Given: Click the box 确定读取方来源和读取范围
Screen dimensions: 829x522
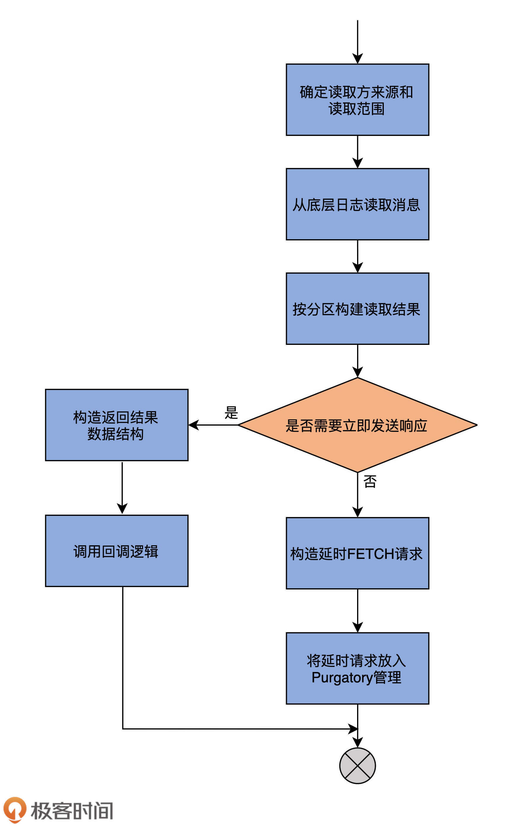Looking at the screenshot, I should tap(357, 99).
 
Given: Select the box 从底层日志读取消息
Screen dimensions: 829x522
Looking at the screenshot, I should tap(357, 204).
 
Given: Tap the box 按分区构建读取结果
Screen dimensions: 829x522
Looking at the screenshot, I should tap(357, 308).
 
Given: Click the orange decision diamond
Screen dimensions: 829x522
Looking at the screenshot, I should tap(357, 425).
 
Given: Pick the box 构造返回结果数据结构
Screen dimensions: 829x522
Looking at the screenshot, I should tap(117, 425).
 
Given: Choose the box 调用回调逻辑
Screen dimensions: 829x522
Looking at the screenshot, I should tap(117, 551).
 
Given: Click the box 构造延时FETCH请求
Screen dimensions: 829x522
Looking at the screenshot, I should tap(357, 553).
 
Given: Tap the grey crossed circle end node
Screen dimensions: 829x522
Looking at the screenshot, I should tap(357, 766).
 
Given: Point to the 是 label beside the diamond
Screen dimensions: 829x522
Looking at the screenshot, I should tap(231, 413).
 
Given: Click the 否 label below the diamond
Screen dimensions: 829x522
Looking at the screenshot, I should tap(370, 481).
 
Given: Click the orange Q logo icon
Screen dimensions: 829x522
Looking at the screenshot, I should tap(15, 809).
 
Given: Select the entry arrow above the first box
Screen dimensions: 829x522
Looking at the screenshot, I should tap(357, 41).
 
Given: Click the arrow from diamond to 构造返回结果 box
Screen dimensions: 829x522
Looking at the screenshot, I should tap(213, 425).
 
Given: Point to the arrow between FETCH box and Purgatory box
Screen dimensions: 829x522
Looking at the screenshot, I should tap(357, 610).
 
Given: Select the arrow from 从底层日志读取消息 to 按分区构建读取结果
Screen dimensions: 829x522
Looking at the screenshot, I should tap(357, 256).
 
